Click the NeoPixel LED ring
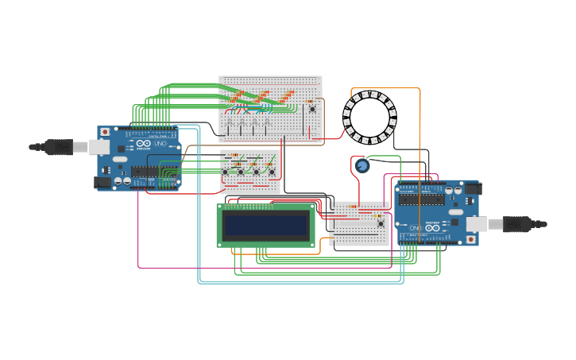pos(369,118)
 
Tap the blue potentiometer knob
pos(362,165)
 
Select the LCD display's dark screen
pos(265,226)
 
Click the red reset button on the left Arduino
pos(105,132)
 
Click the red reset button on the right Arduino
pos(470,238)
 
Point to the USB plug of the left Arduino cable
pos(57,146)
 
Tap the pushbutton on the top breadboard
pos(311,109)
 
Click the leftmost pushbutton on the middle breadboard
pos(225,172)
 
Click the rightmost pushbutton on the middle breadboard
pos(271,172)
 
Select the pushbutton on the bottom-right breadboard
pos(381,223)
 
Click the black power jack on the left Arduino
pos(102,182)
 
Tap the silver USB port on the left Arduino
pos(99,147)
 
